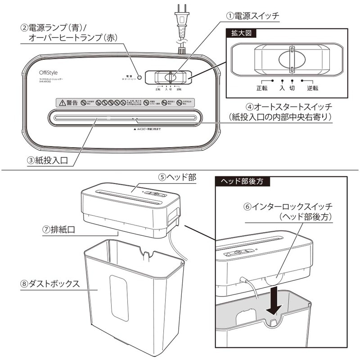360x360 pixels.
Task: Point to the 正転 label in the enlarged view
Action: tap(261, 88)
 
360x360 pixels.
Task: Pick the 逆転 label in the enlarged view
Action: tap(313, 88)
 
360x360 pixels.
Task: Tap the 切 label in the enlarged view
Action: tap(293, 88)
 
